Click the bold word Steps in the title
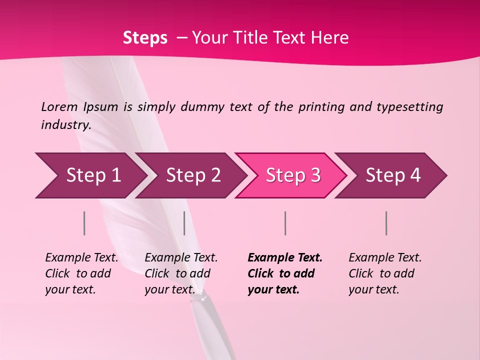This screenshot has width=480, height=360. (145, 38)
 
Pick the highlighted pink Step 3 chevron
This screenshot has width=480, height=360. (291, 175)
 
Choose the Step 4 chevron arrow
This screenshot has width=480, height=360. (391, 175)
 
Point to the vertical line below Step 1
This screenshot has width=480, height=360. (84, 223)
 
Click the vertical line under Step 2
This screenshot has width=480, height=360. (184, 223)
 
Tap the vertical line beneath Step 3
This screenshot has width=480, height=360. (285, 223)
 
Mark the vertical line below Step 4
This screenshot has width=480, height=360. (386, 223)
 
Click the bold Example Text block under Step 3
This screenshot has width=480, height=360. (284, 273)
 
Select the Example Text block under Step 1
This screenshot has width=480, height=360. (81, 273)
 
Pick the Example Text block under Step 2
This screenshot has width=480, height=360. (181, 273)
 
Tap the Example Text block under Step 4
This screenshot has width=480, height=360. (385, 273)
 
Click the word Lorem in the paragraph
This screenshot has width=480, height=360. (59, 106)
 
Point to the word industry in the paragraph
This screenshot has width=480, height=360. (65, 125)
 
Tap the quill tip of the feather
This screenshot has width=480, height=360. (202, 297)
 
